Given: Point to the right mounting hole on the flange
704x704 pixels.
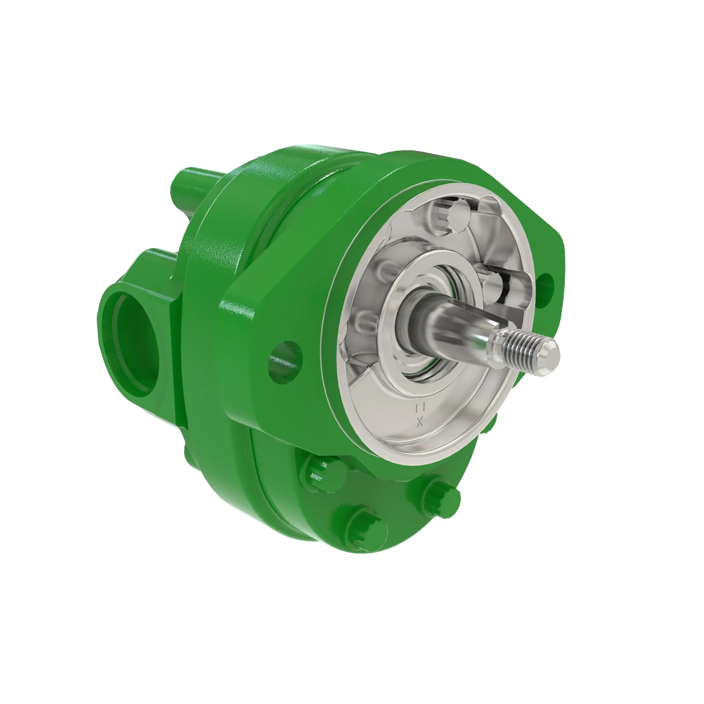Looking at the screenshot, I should tap(545, 285).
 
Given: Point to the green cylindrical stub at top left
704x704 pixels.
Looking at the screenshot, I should tap(191, 185).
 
